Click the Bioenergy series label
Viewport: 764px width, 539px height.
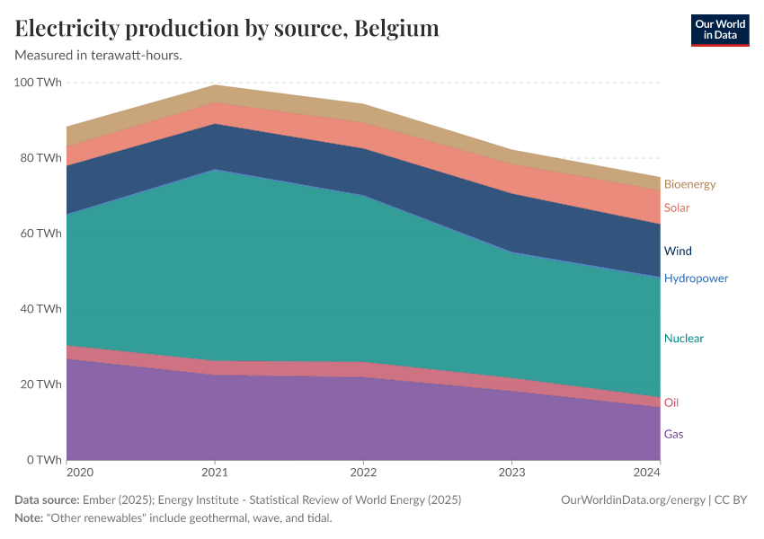tap(689, 184)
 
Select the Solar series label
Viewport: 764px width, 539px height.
tap(677, 208)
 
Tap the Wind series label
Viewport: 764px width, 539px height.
tap(678, 251)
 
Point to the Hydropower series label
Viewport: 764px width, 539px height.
tap(696, 278)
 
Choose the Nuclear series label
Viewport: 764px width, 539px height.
tap(683, 339)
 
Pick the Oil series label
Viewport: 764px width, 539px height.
tap(671, 402)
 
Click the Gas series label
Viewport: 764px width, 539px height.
tap(673, 434)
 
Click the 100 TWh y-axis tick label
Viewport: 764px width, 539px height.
tap(38, 83)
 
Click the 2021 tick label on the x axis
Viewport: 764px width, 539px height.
tap(214, 472)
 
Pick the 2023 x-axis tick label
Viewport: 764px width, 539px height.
tap(511, 472)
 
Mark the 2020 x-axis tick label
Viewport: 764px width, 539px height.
tap(80, 472)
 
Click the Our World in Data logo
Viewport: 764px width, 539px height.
tap(719, 30)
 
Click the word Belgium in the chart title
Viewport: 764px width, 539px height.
tap(396, 29)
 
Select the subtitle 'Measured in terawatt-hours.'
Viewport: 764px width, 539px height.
tap(99, 56)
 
